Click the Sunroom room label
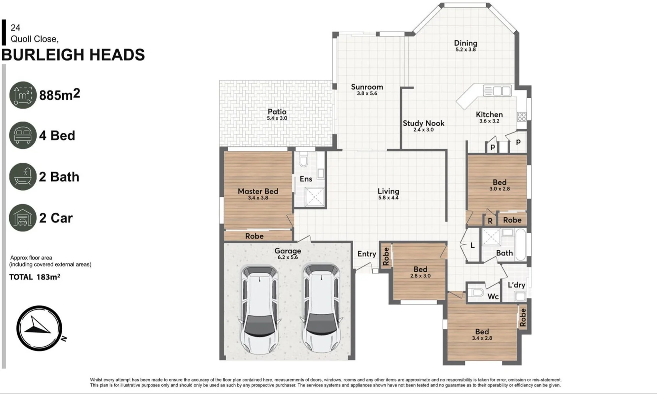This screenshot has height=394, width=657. click(x=367, y=87)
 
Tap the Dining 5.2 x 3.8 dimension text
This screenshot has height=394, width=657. click(x=466, y=50)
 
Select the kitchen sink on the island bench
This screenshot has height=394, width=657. click(x=497, y=90)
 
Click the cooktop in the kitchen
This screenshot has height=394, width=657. click(x=522, y=116)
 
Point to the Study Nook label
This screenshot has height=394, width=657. click(x=423, y=123)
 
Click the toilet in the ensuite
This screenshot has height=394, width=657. click(x=304, y=160)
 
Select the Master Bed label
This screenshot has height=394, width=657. click(x=258, y=191)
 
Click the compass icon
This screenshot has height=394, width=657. click(x=39, y=328)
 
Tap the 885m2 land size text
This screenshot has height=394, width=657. click(x=59, y=95)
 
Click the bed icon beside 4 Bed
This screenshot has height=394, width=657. click(x=23, y=136)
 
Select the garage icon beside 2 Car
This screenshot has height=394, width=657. click(x=23, y=218)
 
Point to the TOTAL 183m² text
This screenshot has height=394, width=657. click(x=35, y=277)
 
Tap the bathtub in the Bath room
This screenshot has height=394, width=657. click(x=520, y=244)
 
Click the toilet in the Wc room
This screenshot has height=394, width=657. click(x=477, y=293)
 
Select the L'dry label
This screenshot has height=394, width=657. click(x=516, y=285)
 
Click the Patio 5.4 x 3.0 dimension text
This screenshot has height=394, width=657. click(x=277, y=118)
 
